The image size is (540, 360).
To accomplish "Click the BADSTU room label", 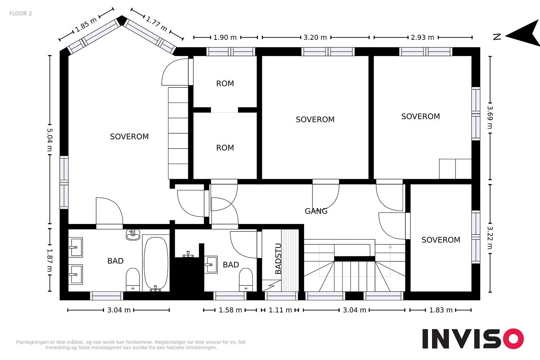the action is coord(278,259).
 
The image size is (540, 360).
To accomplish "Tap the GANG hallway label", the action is coord(316,211).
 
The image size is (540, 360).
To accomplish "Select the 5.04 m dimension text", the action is coord(50,140).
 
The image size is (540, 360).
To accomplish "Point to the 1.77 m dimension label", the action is coord(157,24).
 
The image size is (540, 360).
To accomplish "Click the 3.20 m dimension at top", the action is coord(315,37).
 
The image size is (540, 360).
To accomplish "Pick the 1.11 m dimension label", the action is coord(280,310).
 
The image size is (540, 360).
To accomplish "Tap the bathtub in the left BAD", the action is coord(156,264).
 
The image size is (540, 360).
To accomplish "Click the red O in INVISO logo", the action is coord(514,338).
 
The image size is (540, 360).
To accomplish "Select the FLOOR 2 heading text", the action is coord(21,13).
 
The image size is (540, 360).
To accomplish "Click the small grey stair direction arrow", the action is coord(390,247).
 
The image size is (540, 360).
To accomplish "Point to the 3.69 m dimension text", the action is coord(490,117).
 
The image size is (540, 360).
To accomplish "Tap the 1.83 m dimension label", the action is coord(441,310).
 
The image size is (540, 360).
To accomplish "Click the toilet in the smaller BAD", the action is coord(246,279).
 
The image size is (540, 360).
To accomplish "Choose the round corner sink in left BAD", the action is coord(133,235).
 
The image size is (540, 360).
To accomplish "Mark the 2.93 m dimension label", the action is coord(422,37).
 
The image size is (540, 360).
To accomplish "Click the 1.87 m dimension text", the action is coord(50,260).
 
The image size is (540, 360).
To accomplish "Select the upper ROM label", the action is coord(225,84).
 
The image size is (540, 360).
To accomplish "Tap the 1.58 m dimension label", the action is coord(230,310).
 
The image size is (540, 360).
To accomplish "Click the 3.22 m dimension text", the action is coord(490,237).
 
